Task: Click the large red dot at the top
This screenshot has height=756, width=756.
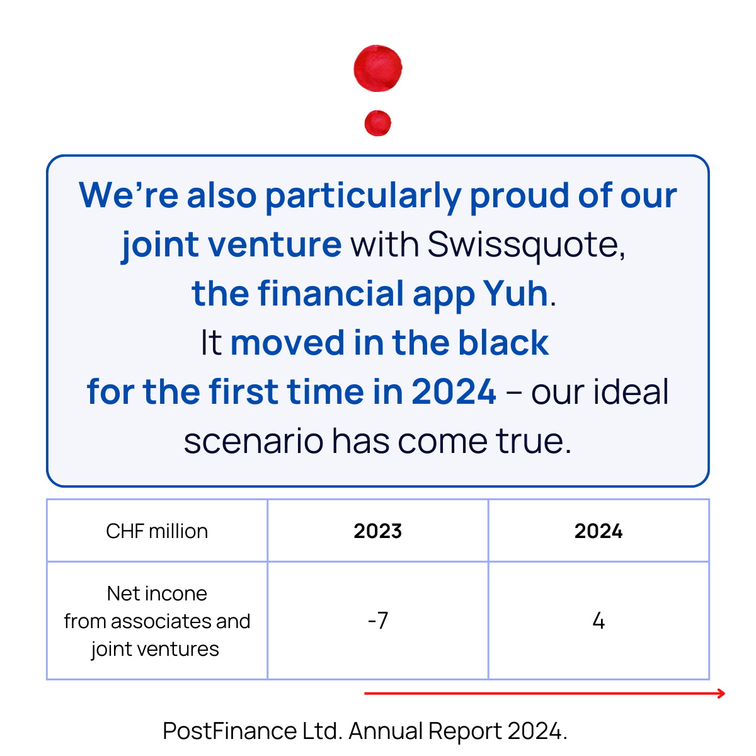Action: coord(378,68)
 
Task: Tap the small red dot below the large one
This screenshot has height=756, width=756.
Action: coord(378,123)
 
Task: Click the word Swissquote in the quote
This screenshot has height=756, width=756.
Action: coord(526,244)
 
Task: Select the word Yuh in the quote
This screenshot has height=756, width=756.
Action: coord(515,294)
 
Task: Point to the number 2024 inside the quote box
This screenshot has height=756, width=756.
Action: coord(454,392)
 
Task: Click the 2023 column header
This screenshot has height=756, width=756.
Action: coord(377,531)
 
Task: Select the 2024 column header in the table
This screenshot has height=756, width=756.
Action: coord(598,531)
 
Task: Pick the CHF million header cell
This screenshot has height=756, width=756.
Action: coord(157,531)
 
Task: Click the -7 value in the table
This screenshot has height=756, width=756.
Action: coord(377,621)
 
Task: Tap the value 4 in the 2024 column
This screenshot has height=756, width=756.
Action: coord(598,621)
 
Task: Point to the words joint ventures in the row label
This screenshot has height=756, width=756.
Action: coord(155,649)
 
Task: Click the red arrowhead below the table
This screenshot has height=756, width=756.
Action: coord(721,694)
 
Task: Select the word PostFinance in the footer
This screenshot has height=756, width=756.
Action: coord(229,731)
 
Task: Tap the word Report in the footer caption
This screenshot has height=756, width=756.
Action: coord(465,731)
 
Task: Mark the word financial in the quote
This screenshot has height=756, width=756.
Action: coord(331,294)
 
